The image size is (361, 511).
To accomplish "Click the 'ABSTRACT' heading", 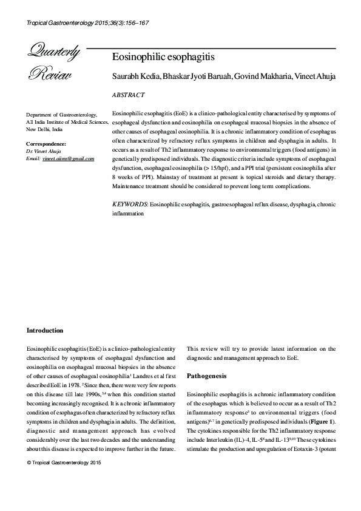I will pos(129,95).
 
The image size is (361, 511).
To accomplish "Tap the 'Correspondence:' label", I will pos(46,144).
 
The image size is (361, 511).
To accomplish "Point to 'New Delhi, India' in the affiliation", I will pos(44,129).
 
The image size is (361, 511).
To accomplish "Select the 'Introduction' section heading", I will pos(45,331).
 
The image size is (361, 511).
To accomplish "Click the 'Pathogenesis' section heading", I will pos(206,376).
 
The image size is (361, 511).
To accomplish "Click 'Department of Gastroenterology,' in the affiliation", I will pos(62,115).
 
